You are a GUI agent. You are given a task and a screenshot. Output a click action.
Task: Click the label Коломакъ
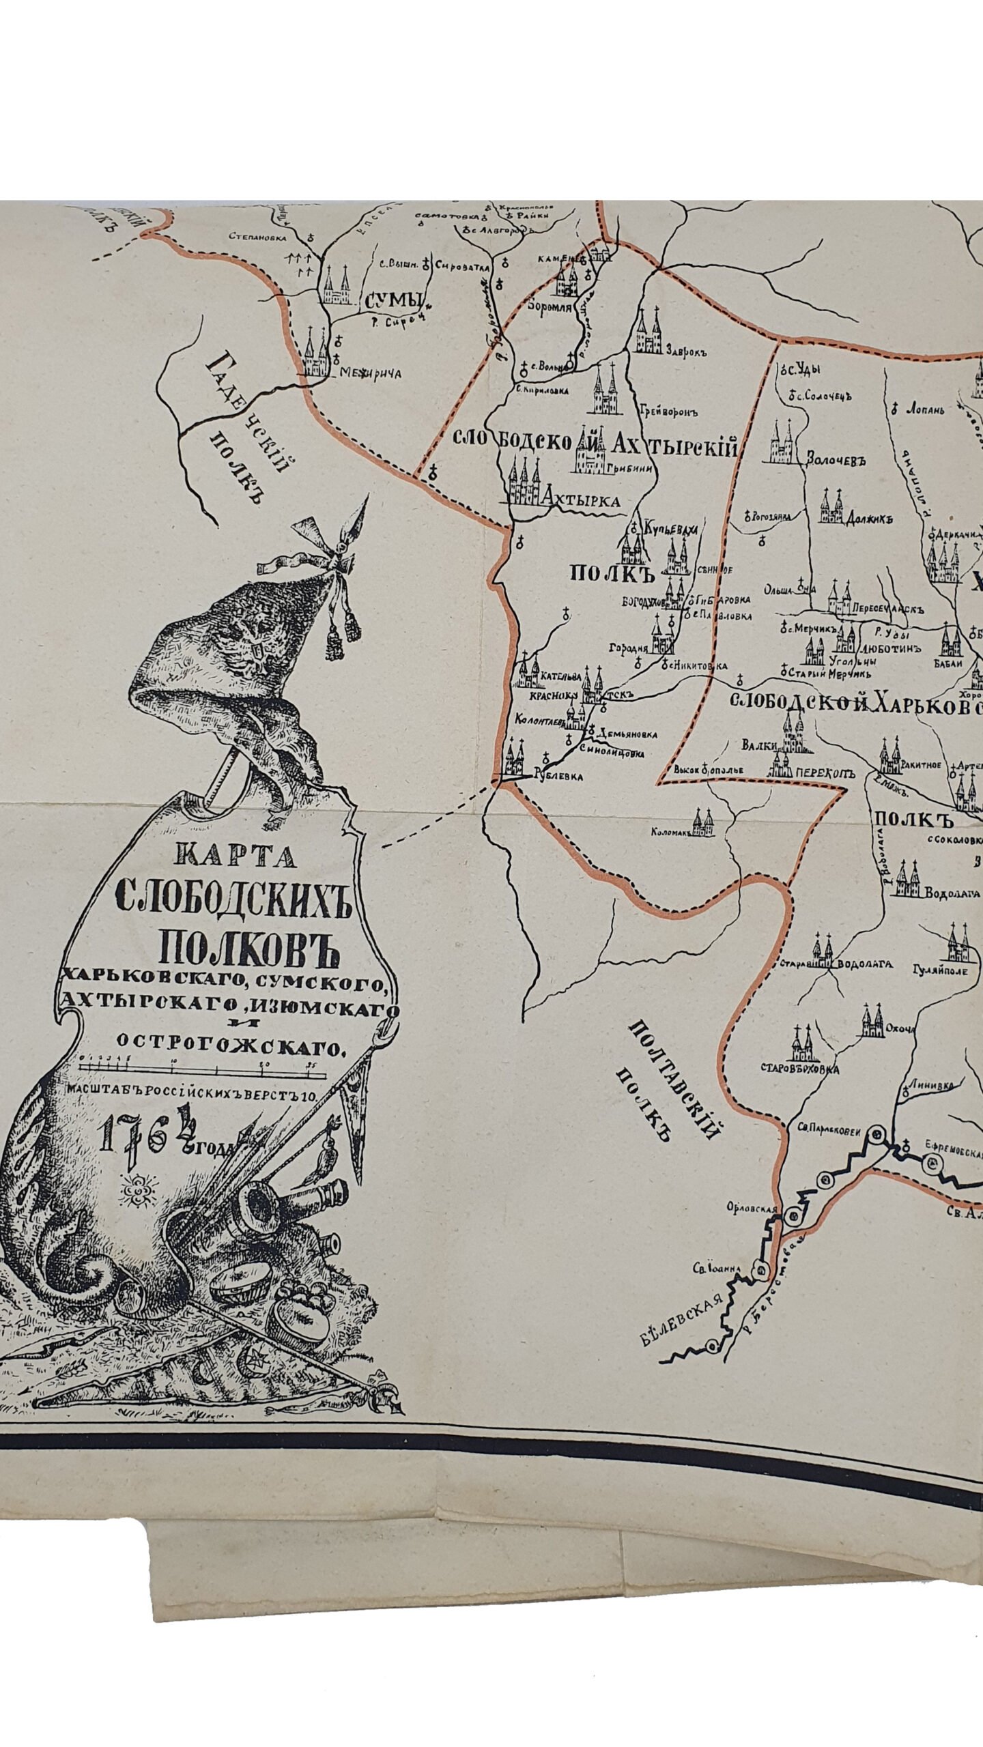click(x=673, y=833)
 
